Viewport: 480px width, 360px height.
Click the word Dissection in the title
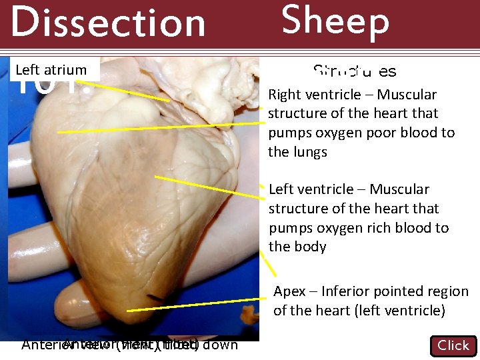[108, 23]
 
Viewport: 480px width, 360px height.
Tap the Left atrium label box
[51, 69]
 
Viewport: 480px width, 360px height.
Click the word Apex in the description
[290, 291]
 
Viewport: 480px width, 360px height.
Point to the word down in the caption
[220, 345]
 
